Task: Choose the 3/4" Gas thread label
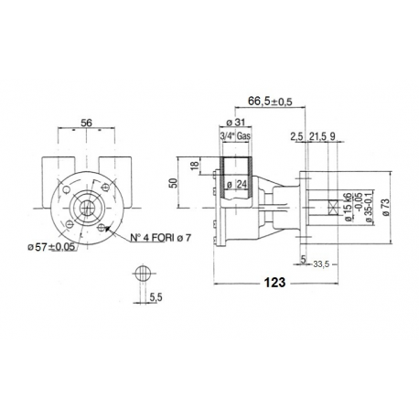point(237,136)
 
